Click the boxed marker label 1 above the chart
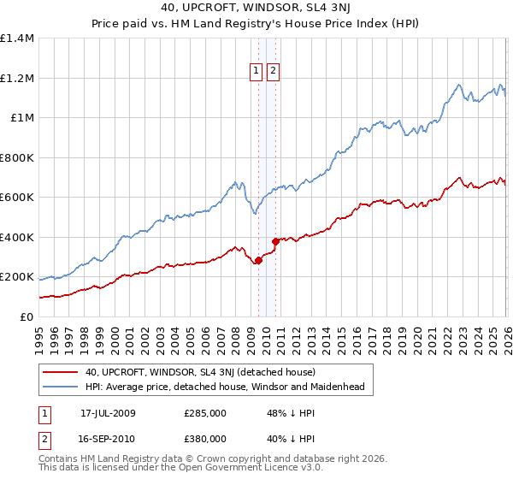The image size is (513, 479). coord(256,72)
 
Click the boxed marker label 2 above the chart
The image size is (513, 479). coord(273,72)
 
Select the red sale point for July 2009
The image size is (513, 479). coord(257,260)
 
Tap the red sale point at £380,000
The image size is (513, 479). coord(275,241)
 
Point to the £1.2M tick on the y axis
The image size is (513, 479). coord(17,78)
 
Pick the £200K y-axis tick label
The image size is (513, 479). coord(17,277)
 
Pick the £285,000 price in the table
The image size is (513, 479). coord(204,413)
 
